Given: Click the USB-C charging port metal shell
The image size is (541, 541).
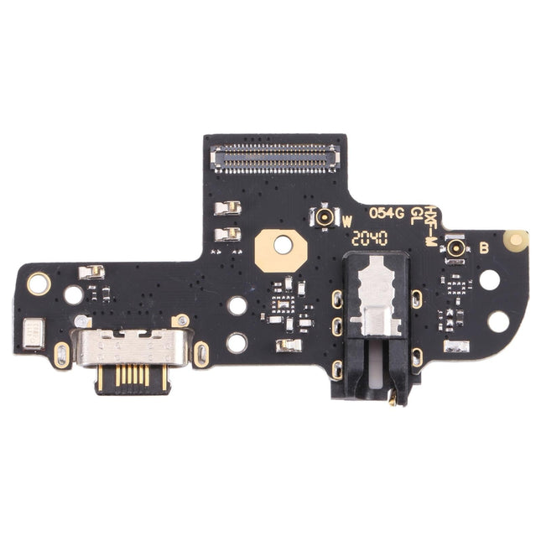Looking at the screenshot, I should point(130,345).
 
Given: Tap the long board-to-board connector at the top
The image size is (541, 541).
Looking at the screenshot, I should point(275,155).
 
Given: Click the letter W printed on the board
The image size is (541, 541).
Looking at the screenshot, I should point(346,222).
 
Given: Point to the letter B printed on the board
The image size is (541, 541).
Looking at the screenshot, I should point(482,247).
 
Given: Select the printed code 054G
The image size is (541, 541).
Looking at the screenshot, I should point(387,213).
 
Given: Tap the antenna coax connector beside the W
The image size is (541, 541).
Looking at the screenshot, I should point(323,218).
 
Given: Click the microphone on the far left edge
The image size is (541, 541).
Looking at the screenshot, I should point(34,332).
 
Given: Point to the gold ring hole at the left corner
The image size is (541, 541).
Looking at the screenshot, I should point(39,284).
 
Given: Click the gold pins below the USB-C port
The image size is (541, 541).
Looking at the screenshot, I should point(132,375).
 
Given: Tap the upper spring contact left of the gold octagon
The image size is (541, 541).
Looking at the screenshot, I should point(227,208).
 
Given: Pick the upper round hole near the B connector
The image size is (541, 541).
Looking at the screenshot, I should point(490,279).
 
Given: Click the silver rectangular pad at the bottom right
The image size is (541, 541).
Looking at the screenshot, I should point(456,346).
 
